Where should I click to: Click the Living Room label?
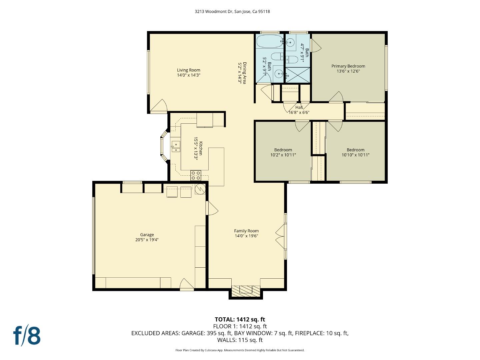(x=188, y=70)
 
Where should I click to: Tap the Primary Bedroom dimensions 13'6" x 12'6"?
(x=348, y=71)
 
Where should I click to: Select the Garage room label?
(x=147, y=235)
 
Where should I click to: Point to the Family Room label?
(x=246, y=231)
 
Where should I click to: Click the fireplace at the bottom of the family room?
(x=246, y=291)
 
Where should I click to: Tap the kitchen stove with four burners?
(x=196, y=175)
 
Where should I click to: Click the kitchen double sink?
(x=175, y=147)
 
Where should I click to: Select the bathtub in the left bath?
(x=270, y=41)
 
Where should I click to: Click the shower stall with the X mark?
(x=298, y=75)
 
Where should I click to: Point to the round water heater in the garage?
(x=200, y=189)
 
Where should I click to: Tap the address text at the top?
(x=232, y=11)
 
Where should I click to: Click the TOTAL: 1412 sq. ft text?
(x=240, y=319)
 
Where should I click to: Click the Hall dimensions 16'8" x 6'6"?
(x=299, y=112)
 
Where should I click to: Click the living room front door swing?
(x=160, y=106)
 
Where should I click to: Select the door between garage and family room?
(x=212, y=209)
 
